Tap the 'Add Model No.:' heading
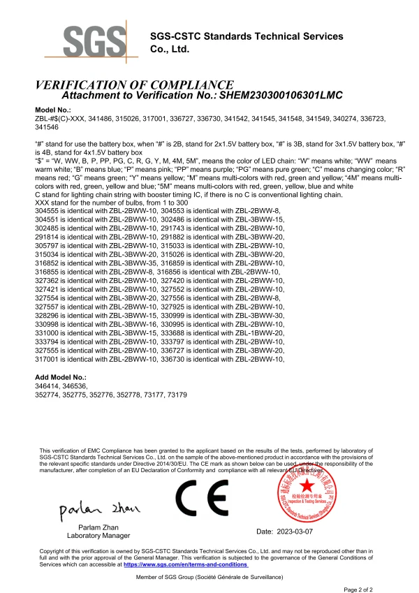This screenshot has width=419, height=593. [x=60, y=376]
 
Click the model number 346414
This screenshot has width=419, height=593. [x=47, y=385]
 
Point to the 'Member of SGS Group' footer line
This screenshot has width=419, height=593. [x=209, y=578]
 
